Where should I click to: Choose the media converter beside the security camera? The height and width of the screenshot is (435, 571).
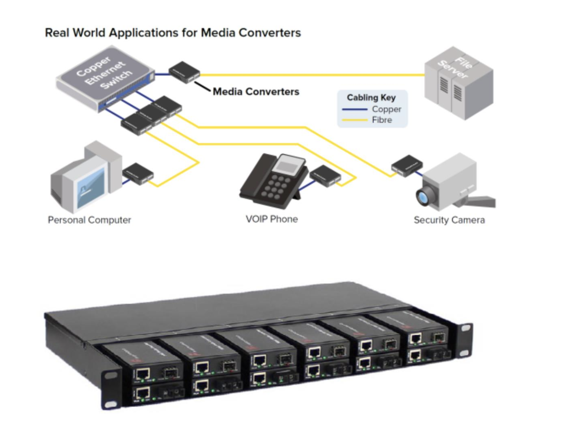point(406,165)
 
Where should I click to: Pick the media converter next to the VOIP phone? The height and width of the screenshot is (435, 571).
point(325,175)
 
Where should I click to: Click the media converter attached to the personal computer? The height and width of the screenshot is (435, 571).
point(138,173)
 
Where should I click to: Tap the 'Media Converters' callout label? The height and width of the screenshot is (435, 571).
point(256,91)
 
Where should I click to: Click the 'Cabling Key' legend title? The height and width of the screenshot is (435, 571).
point(371,97)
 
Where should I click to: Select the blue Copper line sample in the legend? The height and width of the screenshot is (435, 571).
point(355,110)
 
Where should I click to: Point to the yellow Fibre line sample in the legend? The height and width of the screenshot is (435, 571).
point(355,120)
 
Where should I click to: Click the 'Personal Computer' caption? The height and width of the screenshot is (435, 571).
point(89,220)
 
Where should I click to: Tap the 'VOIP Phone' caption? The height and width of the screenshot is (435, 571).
point(272,219)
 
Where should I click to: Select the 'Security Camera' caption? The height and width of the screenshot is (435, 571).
point(449,220)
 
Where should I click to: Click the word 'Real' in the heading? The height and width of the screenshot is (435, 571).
point(57,33)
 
